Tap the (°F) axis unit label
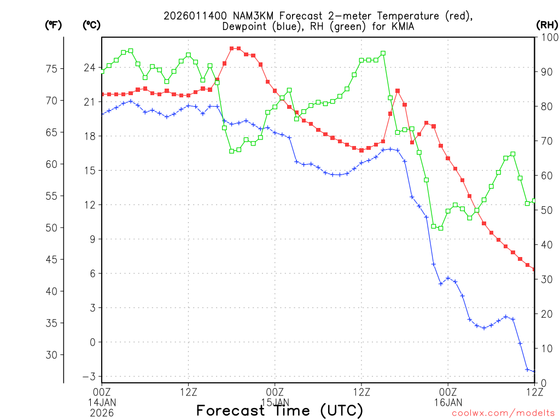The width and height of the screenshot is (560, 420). (x=53, y=25)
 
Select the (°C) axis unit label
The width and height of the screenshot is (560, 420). (x=91, y=25)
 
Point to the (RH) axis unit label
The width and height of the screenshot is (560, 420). (x=547, y=25)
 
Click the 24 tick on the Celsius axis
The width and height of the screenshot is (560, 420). (x=89, y=68)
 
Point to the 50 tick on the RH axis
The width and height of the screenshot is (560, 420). (x=544, y=210)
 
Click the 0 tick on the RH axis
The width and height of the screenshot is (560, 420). (x=541, y=383)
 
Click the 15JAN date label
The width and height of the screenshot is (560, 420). (x=275, y=401)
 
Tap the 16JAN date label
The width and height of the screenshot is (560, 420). (x=448, y=401)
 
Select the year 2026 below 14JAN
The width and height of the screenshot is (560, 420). (x=102, y=411)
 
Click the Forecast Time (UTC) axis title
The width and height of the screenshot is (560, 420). (x=279, y=410)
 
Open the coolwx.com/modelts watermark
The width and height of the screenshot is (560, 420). (x=503, y=413)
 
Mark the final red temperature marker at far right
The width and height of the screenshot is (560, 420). (x=534, y=270)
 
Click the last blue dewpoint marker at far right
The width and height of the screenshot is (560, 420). (x=534, y=371)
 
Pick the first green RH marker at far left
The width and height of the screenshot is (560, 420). (x=102, y=71)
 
